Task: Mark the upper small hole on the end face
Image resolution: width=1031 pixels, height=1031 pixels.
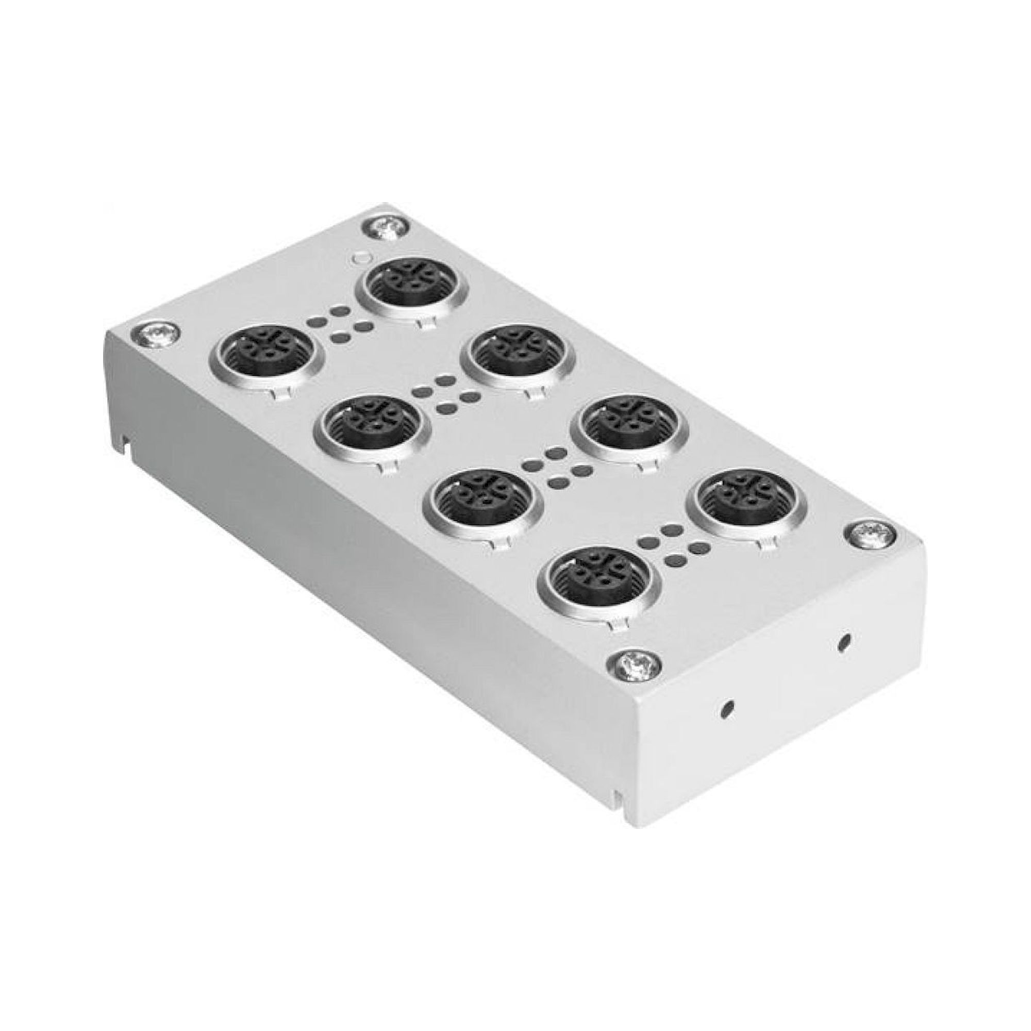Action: coord(843,642)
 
